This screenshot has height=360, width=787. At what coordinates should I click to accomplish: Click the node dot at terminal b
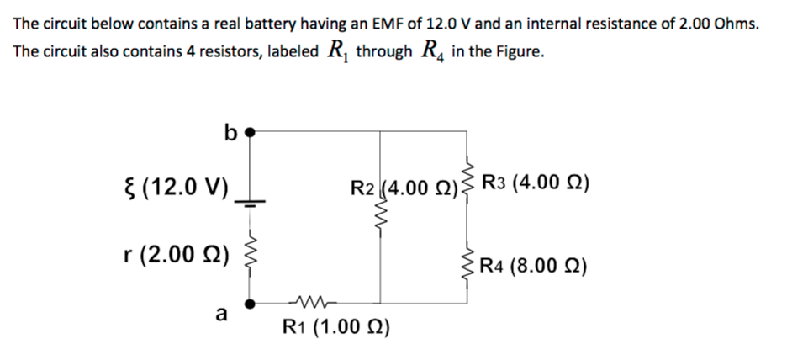(249, 131)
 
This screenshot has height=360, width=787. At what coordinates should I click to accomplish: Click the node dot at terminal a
(249, 301)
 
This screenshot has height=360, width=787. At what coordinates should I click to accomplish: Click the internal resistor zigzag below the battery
(249, 250)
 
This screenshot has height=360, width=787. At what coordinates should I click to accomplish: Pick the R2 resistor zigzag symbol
(380, 220)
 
